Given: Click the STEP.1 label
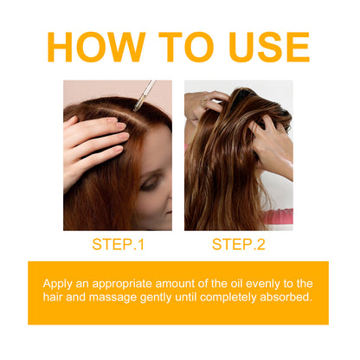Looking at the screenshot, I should (x=119, y=244).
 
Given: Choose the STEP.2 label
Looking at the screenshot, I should (x=238, y=244).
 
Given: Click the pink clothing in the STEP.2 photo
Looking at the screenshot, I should (x=282, y=216).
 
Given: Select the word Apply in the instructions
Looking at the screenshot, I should (x=60, y=284).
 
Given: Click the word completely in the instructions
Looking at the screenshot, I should (x=242, y=299).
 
